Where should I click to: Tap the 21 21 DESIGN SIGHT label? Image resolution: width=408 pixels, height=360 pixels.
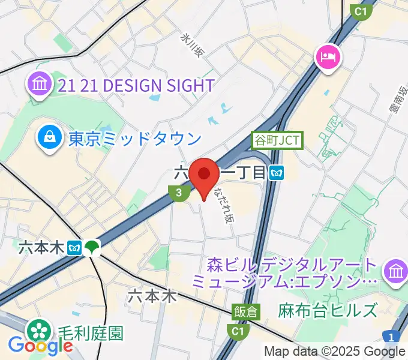pos(136,86)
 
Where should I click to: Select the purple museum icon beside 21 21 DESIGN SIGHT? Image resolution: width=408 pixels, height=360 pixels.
pos(40,85)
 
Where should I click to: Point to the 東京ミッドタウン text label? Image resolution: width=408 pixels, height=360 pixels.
pos(134,139)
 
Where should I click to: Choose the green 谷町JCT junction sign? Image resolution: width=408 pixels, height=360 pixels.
pos(277,141)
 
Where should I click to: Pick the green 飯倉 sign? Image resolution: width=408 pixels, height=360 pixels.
pos(246,311)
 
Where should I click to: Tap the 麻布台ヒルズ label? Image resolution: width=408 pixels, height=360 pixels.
pos(328,310)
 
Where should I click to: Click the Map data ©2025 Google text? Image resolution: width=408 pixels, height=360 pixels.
pos(335,351)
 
